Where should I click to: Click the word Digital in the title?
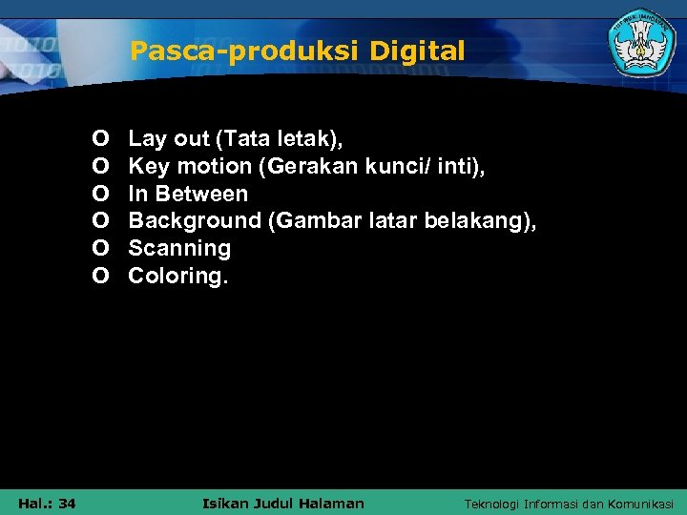(421, 51)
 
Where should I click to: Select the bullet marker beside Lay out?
(100, 139)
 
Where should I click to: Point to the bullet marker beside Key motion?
(100, 167)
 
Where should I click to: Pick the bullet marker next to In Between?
(100, 194)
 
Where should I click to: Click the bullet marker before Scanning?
(100, 249)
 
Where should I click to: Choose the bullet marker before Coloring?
(100, 276)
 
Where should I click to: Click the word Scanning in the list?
(179, 249)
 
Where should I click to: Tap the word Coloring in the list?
(177, 276)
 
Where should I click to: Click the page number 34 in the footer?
(67, 504)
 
